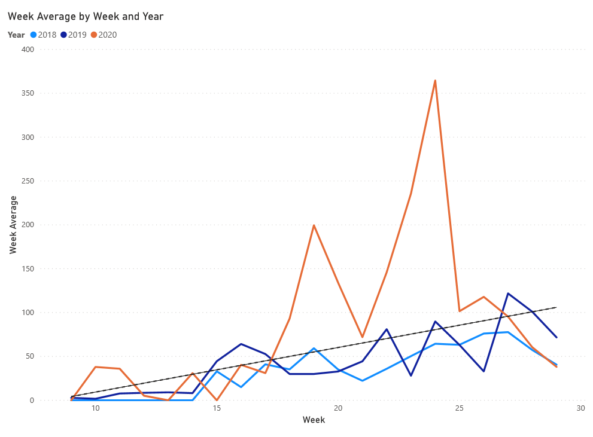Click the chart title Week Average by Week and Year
[x=86, y=17]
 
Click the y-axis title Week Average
[x=13, y=225]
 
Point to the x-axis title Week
[x=314, y=420]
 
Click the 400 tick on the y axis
[x=28, y=50]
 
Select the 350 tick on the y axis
[x=28, y=93]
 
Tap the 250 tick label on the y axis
[x=28, y=181]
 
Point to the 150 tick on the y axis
[x=28, y=269]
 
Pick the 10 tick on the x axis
[x=95, y=408]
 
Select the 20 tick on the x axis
[x=338, y=408]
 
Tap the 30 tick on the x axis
[x=580, y=408]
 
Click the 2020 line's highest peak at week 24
[x=435, y=81]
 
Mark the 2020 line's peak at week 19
[x=314, y=225]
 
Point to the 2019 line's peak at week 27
[x=508, y=294]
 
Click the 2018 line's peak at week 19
[x=314, y=348]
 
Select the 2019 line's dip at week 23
[x=411, y=375]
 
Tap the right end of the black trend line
[x=556, y=307]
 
